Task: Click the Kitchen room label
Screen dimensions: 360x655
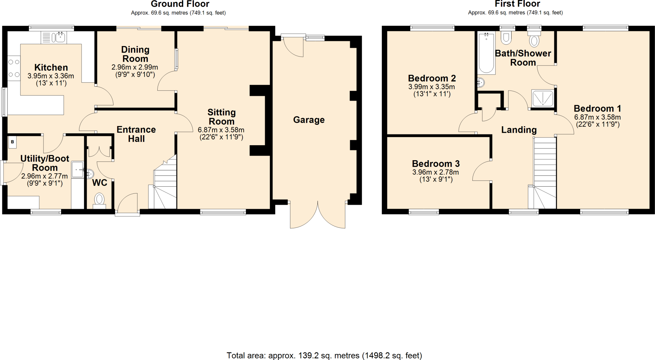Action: coord(51,67)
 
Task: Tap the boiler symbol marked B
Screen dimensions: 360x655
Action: coord(12,142)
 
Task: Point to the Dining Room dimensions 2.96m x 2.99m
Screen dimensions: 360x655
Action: coord(135,67)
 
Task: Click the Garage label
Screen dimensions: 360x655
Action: coord(309,120)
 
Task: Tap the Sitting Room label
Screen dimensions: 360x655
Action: coord(221,117)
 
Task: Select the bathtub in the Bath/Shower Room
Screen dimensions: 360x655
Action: coord(486,53)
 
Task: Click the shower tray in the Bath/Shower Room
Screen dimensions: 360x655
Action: coord(542,98)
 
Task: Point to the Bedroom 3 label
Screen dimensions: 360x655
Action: coord(436,164)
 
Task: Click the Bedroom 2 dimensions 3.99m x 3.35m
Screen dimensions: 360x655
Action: coord(431,87)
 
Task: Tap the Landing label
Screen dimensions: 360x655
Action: coord(519,130)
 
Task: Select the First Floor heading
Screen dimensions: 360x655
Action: coord(517,4)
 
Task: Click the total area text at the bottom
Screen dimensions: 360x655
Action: coord(324,355)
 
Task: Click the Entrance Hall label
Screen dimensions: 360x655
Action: coord(136,134)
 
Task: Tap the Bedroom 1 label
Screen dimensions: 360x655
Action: coord(597,108)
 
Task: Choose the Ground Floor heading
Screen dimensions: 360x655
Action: coord(180,4)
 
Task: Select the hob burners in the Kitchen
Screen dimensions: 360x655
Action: coord(14,68)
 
